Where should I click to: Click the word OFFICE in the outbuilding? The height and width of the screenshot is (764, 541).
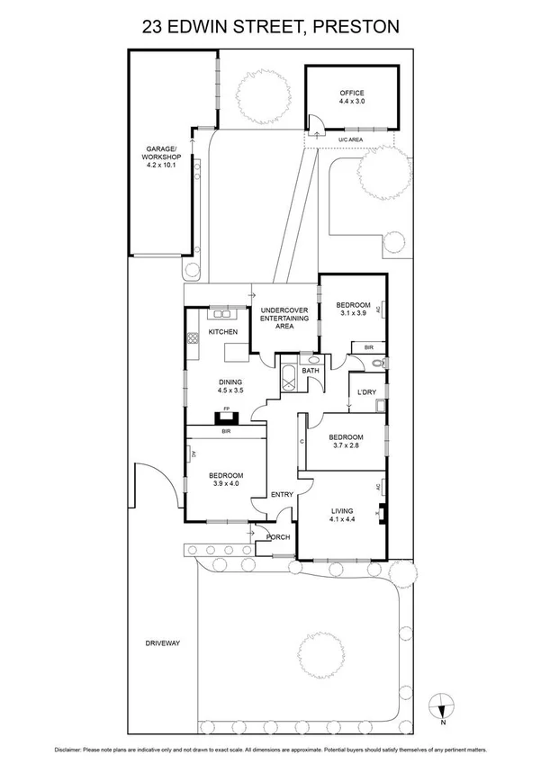click(351, 93)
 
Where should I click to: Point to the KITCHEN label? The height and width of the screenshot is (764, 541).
click(222, 333)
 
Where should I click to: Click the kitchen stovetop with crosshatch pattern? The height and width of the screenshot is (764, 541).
click(192, 339)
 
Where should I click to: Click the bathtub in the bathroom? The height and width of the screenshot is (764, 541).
click(290, 379)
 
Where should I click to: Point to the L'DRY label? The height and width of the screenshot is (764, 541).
click(366, 391)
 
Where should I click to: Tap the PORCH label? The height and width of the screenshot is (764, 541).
click(278, 537)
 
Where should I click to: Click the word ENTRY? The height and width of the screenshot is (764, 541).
click(282, 495)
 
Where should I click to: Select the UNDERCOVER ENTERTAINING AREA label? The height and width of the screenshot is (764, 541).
click(284, 318)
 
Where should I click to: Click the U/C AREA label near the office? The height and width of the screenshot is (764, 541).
click(350, 140)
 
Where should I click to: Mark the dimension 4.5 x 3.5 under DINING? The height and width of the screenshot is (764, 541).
click(204, 391)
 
